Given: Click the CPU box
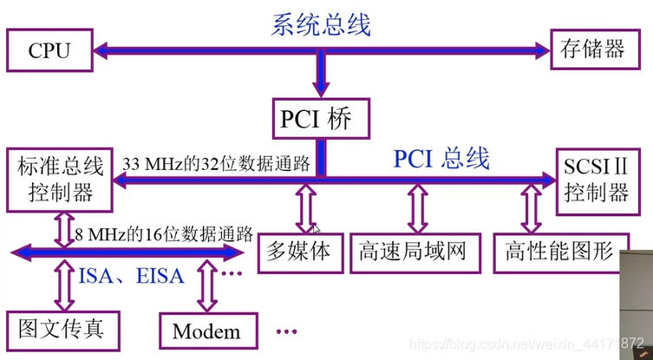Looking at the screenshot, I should click(x=49, y=51).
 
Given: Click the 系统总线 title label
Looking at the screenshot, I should click(x=321, y=24).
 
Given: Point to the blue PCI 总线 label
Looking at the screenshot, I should click(x=441, y=159).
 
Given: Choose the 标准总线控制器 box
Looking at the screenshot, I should click(x=57, y=180).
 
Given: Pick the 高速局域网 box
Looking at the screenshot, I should click(x=412, y=252).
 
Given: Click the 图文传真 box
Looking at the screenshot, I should click(x=62, y=329).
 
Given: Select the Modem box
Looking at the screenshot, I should click(x=206, y=331).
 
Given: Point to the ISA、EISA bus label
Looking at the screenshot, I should click(x=131, y=276).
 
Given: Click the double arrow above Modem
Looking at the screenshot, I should click(x=206, y=287).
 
